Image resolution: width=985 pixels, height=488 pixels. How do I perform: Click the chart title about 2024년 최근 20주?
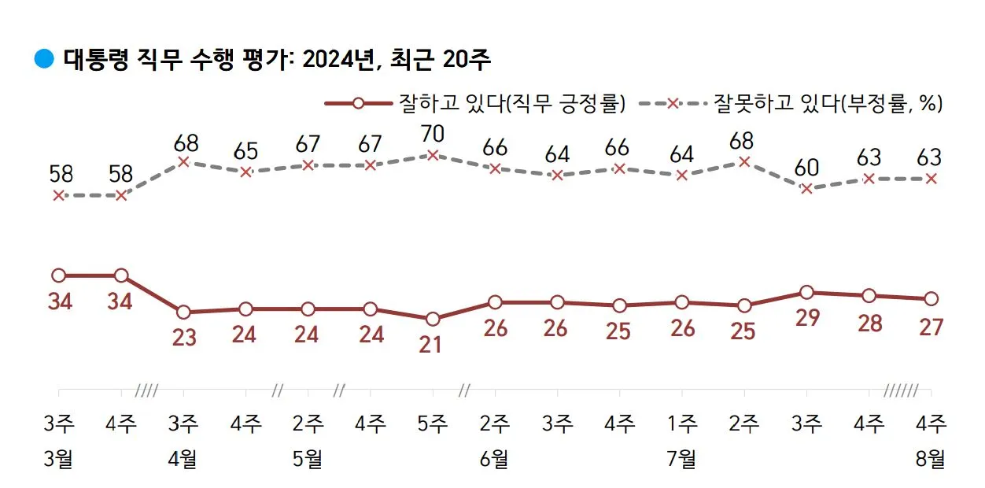277,59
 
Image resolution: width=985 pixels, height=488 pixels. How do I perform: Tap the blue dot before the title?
44,58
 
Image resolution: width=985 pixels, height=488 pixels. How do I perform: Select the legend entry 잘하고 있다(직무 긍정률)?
475,103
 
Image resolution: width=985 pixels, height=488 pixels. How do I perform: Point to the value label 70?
432,134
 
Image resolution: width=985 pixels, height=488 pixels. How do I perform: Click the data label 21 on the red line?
431,344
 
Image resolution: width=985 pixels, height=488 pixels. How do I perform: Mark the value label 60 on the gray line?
806,167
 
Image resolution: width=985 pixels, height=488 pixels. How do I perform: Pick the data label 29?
807,317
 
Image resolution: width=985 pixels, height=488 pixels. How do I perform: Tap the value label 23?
183,338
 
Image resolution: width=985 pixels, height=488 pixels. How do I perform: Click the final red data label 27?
932,327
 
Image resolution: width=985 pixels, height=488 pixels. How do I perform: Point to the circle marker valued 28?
869,296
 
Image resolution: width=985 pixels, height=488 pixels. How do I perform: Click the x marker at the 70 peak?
432,155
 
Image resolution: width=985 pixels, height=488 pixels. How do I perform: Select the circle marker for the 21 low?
432,319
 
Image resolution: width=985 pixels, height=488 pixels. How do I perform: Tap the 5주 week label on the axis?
432,424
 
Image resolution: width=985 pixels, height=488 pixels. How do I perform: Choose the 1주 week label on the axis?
681,424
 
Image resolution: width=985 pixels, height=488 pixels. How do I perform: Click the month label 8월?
932,459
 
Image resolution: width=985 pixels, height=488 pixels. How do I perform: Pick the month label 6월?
494,459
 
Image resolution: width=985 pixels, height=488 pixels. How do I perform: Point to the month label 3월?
58,459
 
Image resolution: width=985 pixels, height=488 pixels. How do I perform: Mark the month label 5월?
307,459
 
